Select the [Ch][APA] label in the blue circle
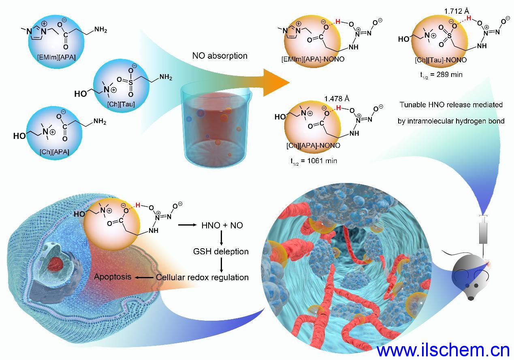(54, 151)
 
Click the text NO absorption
(220, 55)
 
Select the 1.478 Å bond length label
(337, 98)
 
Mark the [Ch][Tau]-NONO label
(440, 60)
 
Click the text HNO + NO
(222, 225)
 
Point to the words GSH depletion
(221, 251)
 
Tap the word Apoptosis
(113, 277)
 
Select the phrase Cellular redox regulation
(202, 277)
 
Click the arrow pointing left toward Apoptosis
(143, 277)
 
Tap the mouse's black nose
(470, 298)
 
